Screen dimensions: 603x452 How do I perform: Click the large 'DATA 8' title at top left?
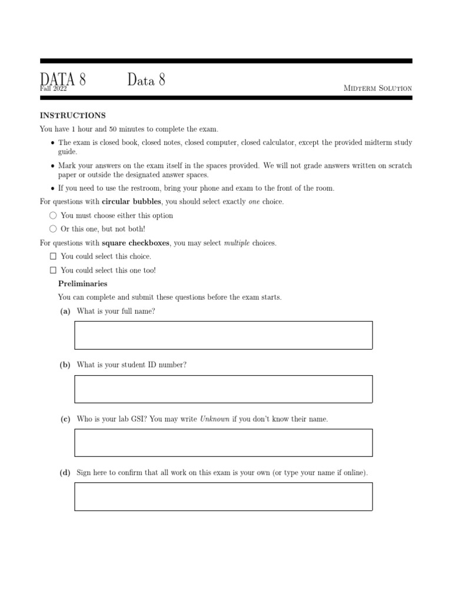click(63, 79)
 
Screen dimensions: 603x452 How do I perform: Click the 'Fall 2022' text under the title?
click(53, 89)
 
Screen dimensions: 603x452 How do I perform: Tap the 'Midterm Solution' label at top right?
click(377, 88)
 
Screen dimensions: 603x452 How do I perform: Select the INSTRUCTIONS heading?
click(72, 115)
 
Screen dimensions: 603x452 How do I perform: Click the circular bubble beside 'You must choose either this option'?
click(53, 216)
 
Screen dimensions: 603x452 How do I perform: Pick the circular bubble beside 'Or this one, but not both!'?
click(53, 229)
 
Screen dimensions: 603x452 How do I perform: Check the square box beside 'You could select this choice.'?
click(53, 257)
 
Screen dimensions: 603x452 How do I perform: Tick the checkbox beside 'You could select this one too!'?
click(53, 270)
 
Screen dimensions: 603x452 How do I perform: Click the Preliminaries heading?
click(82, 284)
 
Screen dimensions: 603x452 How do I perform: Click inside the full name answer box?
click(223, 335)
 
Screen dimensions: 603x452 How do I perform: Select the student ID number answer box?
click(223, 389)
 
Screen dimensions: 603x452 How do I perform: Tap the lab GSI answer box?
click(223, 443)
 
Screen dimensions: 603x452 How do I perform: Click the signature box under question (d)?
click(223, 496)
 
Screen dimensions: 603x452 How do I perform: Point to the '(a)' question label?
click(65, 311)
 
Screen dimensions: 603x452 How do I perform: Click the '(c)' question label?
click(65, 419)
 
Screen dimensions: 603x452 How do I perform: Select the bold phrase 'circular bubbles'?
click(131, 202)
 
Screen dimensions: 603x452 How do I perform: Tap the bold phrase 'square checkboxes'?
click(136, 243)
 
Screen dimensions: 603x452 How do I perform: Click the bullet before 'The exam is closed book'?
click(52, 143)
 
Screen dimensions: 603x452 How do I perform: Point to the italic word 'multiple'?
click(237, 243)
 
